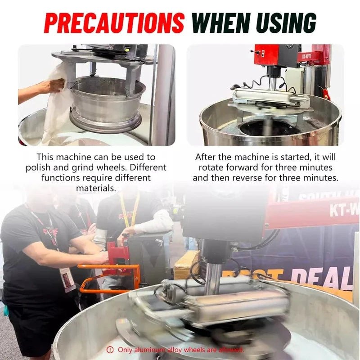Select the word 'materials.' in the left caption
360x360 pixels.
(96, 188)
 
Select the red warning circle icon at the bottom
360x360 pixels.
(110, 350)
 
